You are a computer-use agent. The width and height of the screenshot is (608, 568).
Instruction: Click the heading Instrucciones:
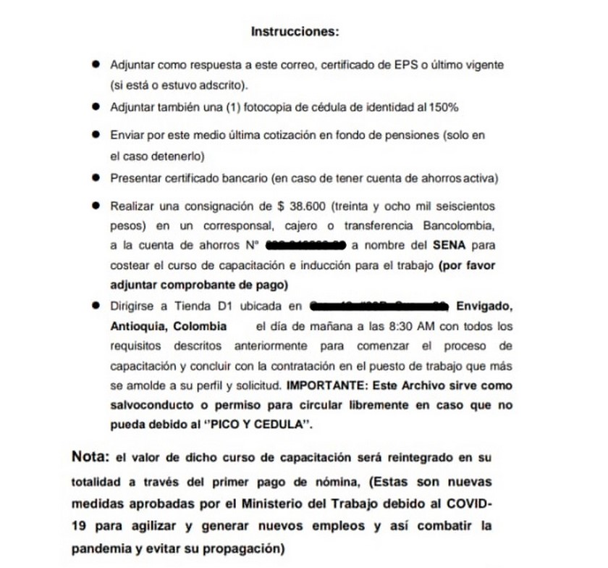(x=294, y=32)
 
